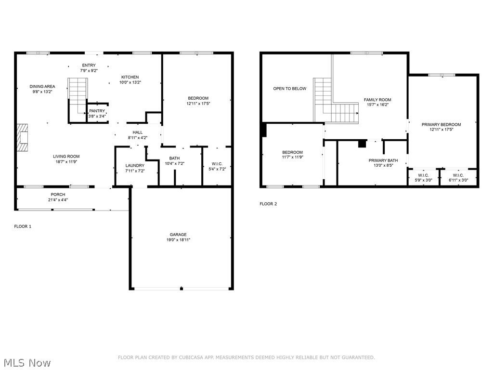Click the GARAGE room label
pyautogui.click(x=178, y=235)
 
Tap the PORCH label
pyautogui.click(x=58, y=194)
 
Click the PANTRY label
pyautogui.click(x=97, y=111)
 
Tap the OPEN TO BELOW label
pyautogui.click(x=289, y=89)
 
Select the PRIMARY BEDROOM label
pyautogui.click(x=441, y=124)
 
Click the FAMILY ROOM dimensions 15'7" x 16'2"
pyautogui.click(x=377, y=105)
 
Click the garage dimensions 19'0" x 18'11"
pyautogui.click(x=178, y=240)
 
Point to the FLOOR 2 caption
pyautogui.click(x=268, y=204)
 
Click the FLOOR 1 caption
pyautogui.click(x=23, y=226)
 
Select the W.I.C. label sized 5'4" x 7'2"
pyautogui.click(x=216, y=164)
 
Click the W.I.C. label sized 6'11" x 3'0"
pyautogui.click(x=458, y=175)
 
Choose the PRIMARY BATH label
pyautogui.click(x=383, y=160)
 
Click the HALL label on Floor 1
pyautogui.click(x=138, y=132)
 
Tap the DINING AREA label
pyautogui.click(x=42, y=86)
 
